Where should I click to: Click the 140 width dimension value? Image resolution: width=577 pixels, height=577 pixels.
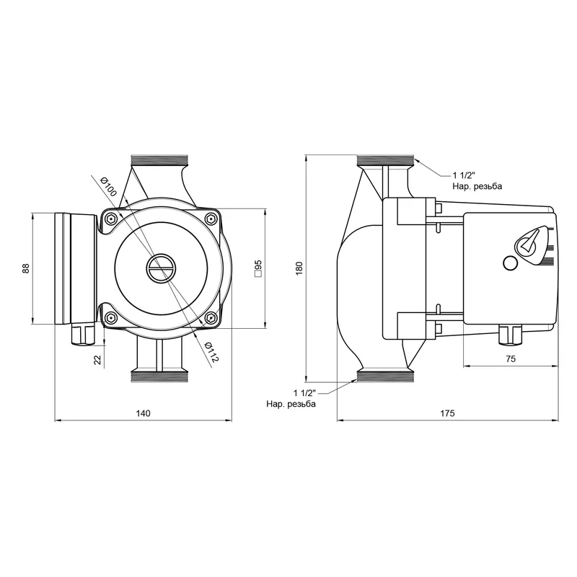(x=143, y=413)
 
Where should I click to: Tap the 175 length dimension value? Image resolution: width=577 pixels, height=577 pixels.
(x=447, y=413)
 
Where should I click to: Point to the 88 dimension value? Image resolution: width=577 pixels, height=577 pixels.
(x=25, y=268)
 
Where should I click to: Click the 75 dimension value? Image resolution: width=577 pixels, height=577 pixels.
(x=511, y=358)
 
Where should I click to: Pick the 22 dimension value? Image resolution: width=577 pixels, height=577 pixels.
(x=97, y=359)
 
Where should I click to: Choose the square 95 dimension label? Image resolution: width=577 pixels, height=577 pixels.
(x=258, y=268)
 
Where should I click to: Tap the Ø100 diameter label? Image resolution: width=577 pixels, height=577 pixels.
(x=109, y=186)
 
